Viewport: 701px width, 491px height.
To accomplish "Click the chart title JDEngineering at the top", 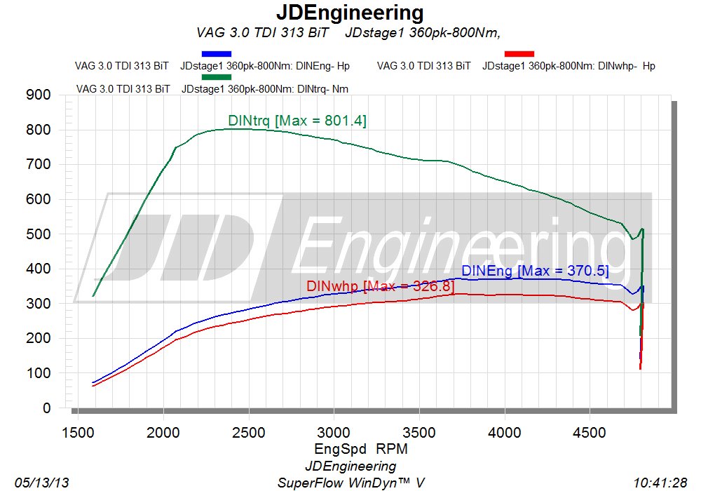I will tap(350, 13).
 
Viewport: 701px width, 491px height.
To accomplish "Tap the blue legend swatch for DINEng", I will tap(216, 53).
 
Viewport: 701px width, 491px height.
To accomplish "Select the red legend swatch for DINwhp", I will tap(519, 53).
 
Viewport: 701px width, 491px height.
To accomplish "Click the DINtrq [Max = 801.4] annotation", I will tap(297, 121).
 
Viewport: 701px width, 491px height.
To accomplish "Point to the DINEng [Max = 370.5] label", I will tap(535, 271).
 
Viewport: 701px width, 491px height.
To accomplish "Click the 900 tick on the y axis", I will tap(38, 95).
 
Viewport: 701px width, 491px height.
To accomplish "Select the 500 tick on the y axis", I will tap(38, 234).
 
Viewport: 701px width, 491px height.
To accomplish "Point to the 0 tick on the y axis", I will tap(46, 408).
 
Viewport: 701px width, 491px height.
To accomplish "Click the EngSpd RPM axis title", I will tap(350, 448).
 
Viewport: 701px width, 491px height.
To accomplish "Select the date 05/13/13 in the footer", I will tap(41, 483).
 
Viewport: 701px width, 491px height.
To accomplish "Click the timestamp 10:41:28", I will tap(660, 483).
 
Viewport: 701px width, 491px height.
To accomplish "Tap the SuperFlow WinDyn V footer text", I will tap(350, 483).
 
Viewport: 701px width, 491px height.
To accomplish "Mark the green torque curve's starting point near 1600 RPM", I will tap(93, 296).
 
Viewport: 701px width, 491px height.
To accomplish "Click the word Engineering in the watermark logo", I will tap(459, 245).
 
